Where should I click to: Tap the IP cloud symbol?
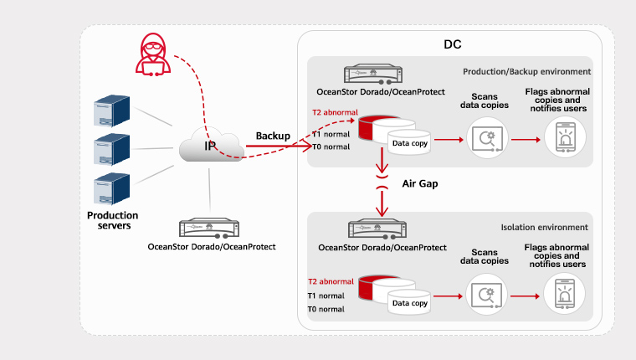pos(210,146)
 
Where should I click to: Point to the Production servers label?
pos(112,221)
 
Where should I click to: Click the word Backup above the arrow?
pos(273,136)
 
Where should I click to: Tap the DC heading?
pos(452,44)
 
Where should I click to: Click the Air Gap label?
pos(420,183)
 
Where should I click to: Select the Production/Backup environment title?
pos(526,71)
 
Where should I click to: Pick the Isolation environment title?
pos(544,227)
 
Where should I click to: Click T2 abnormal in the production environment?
pos(331,111)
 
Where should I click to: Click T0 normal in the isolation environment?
pos(326,309)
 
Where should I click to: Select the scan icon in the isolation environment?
pos(486,295)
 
